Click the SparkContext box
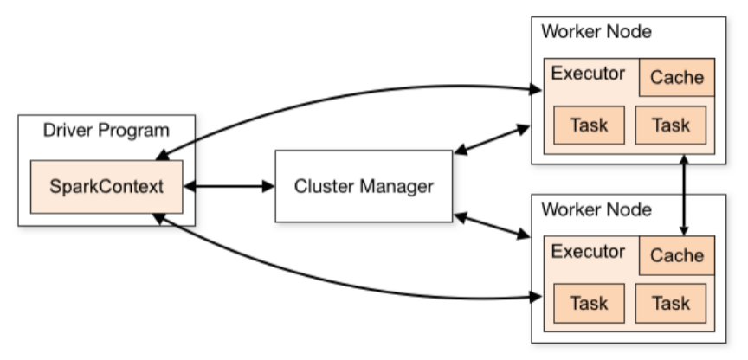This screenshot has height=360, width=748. [x=106, y=186]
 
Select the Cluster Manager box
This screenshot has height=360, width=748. [x=364, y=186]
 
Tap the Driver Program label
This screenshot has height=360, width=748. [x=106, y=132]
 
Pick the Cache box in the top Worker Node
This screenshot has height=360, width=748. [x=677, y=78]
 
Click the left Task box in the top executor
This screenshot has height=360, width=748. [x=589, y=125]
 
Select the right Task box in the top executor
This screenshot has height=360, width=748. [x=670, y=125]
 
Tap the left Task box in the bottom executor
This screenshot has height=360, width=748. [x=589, y=304]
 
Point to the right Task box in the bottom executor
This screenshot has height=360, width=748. [x=670, y=304]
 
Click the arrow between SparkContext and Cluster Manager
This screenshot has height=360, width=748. [x=229, y=186]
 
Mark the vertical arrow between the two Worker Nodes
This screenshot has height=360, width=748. [x=685, y=196]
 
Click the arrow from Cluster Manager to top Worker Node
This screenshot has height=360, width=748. [x=491, y=140]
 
